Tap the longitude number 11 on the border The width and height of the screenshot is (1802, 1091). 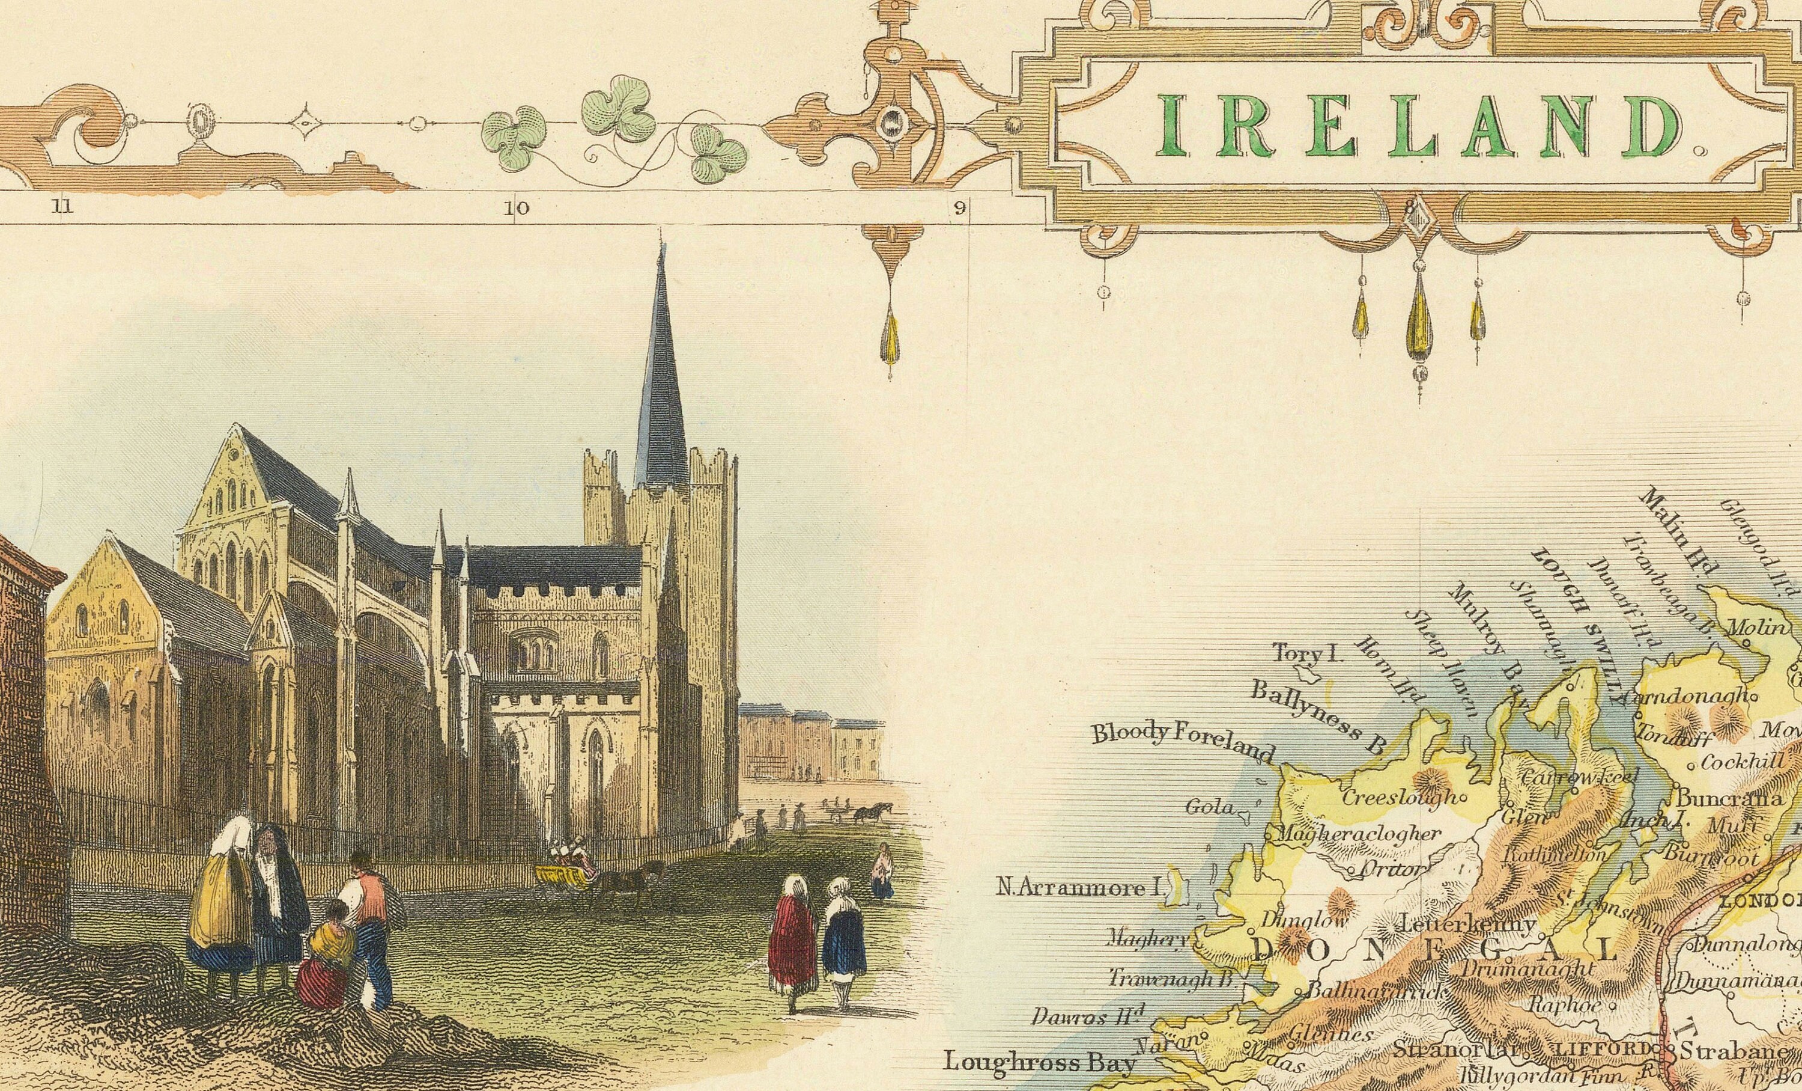[x=62, y=207]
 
